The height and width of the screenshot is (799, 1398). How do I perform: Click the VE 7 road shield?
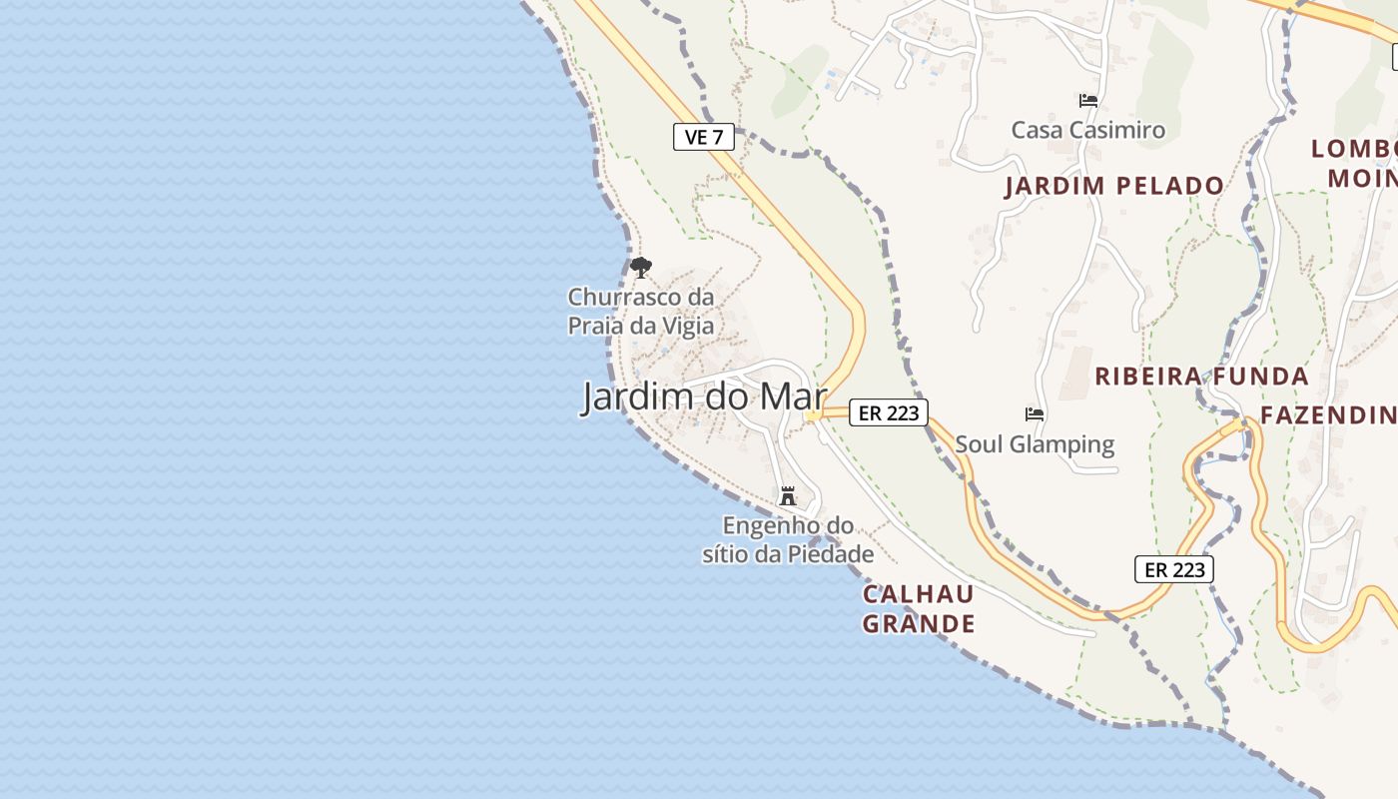[704, 137]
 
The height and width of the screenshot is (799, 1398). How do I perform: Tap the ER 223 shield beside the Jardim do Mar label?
[888, 412]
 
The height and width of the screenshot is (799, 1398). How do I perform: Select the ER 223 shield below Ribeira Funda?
[1173, 569]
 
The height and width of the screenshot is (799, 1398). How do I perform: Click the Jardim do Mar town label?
[704, 397]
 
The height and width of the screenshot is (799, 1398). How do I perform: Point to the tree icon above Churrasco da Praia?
[641, 268]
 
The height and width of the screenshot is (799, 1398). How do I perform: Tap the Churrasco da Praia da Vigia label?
[641, 311]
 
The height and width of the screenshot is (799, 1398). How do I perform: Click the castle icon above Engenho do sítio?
[788, 494]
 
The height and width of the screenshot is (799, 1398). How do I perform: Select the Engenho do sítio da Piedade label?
[788, 539]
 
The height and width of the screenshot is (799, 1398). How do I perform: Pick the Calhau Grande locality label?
[919, 609]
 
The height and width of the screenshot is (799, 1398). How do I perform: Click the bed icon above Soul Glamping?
[1035, 413]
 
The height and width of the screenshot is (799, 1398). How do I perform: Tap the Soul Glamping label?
[1035, 443]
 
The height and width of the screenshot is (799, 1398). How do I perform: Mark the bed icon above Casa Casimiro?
[1088, 100]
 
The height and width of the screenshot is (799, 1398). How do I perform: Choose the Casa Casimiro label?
[1088, 130]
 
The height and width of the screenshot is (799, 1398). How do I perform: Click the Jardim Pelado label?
[1114, 186]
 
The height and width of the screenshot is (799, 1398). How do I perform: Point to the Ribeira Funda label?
[1201, 377]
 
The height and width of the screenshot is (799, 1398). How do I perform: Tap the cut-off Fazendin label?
[1328, 415]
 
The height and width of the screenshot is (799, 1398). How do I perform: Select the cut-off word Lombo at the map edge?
[1354, 150]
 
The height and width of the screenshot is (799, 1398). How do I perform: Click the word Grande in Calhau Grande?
[919, 624]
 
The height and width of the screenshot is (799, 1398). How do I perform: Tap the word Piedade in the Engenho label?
[832, 554]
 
